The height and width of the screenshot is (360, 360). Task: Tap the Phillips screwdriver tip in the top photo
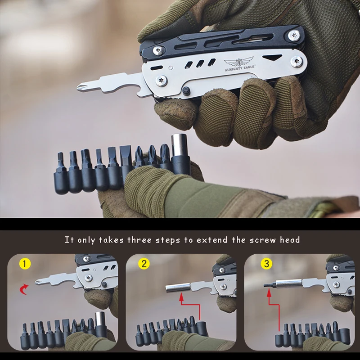point(83,85)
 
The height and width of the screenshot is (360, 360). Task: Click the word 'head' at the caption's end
point(289,240)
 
